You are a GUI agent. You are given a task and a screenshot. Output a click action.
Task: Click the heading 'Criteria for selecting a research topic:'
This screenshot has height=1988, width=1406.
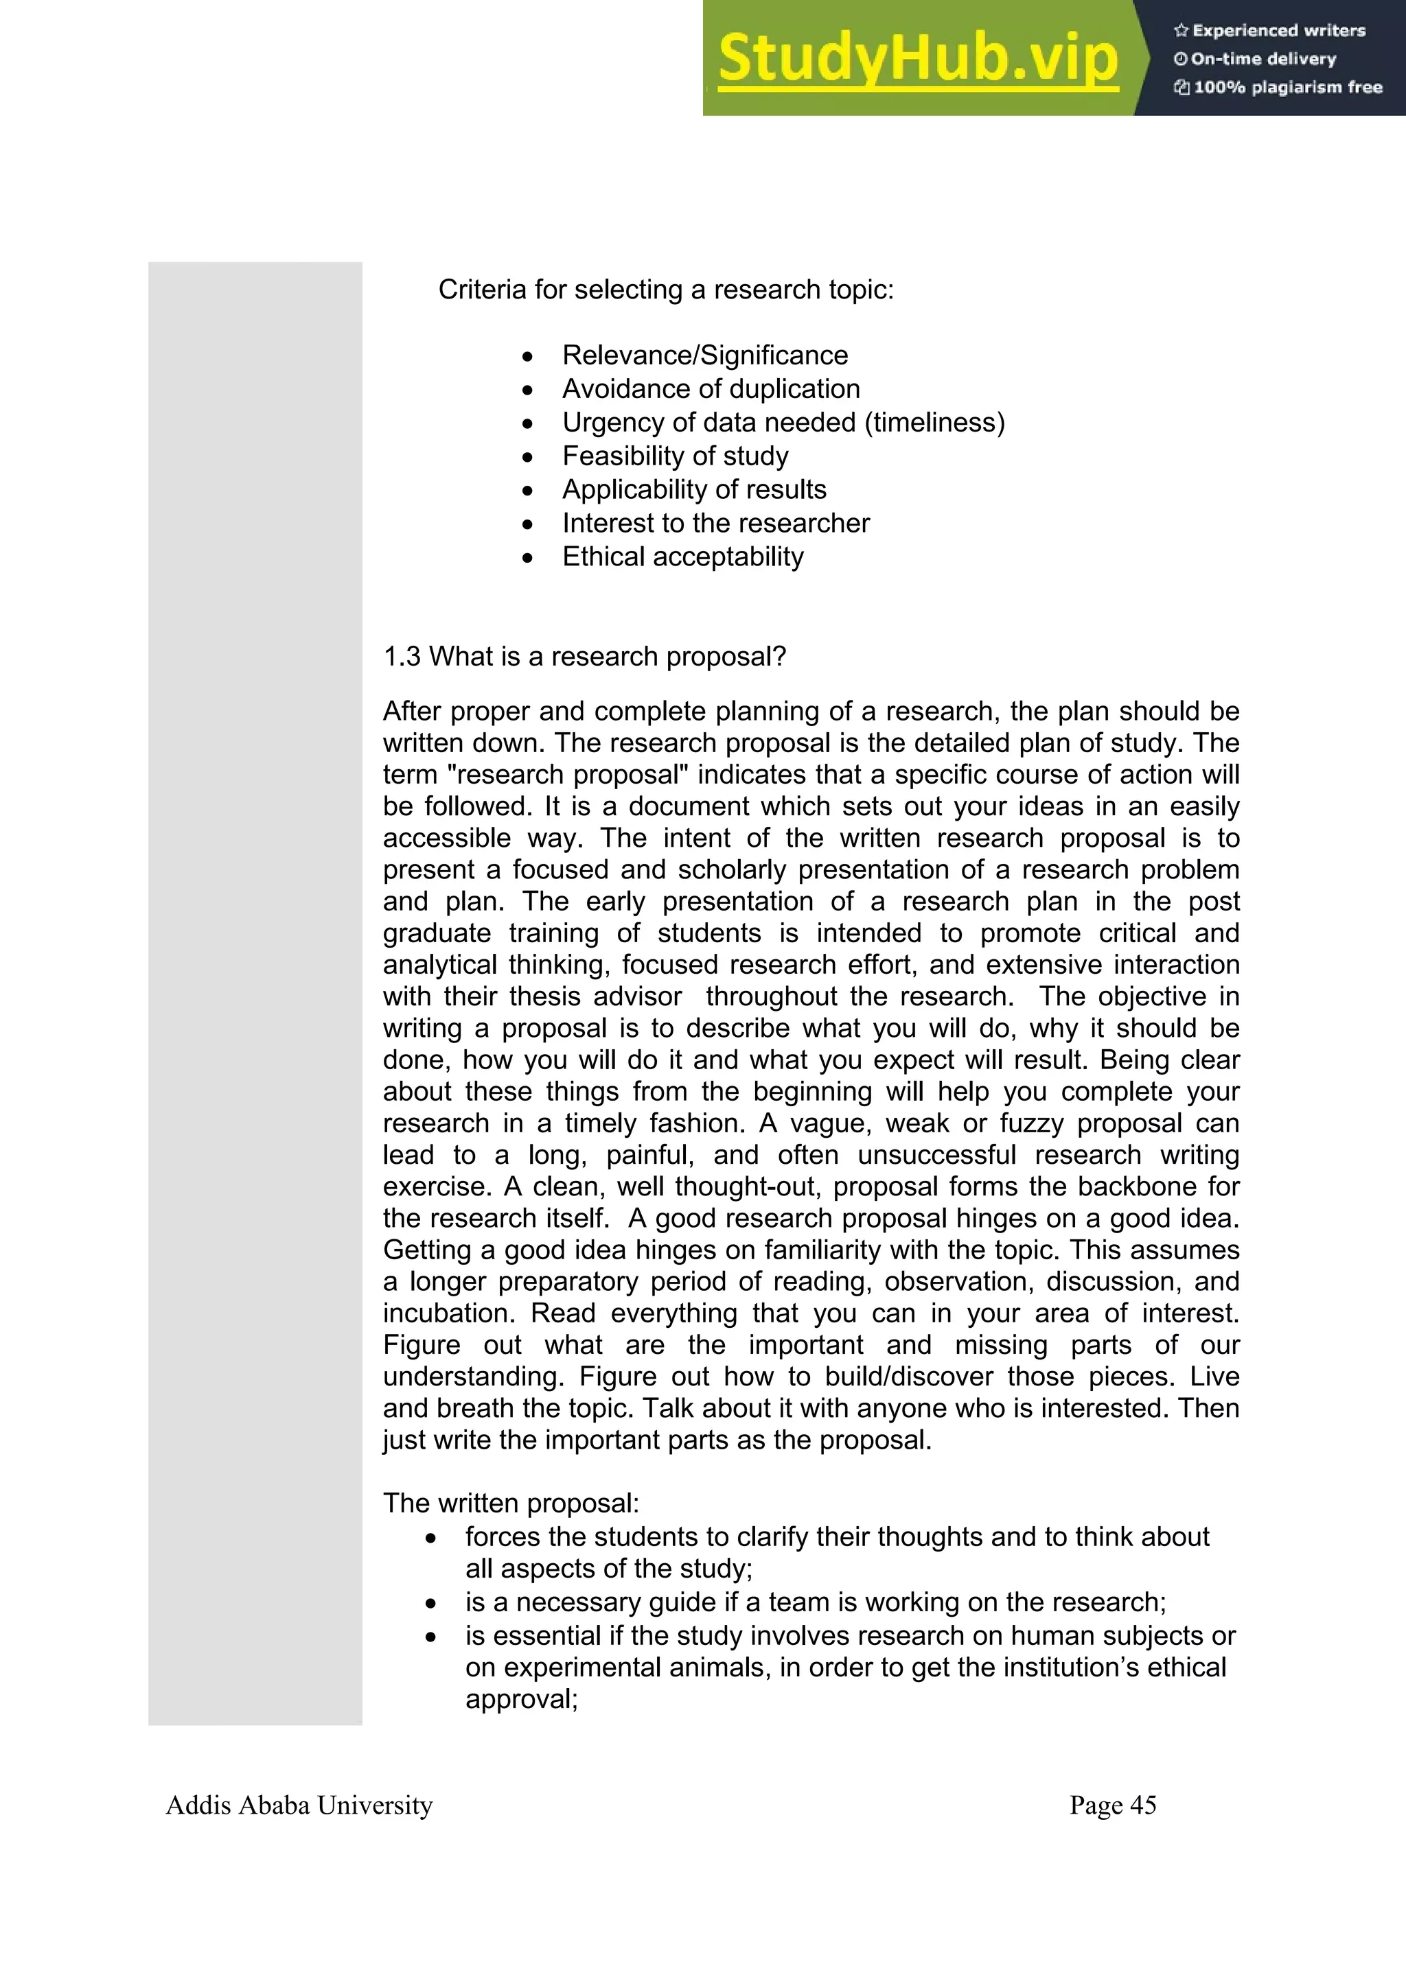665,289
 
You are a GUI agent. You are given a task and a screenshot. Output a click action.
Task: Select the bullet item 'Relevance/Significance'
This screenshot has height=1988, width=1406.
704,355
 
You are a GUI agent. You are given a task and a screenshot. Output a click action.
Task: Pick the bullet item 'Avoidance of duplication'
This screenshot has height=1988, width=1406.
711,389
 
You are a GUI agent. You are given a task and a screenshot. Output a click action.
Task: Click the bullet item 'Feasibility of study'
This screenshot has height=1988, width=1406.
675,456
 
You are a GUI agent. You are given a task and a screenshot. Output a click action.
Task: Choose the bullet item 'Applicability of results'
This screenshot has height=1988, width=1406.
694,489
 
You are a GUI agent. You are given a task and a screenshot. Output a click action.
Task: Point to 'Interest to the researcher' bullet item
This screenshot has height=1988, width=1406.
715,523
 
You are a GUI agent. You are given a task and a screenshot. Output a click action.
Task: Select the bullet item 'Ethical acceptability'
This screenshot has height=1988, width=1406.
682,557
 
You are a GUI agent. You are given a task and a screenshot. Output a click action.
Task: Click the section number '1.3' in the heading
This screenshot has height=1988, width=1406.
402,656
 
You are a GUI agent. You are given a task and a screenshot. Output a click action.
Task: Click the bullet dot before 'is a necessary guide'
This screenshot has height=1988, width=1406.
431,1604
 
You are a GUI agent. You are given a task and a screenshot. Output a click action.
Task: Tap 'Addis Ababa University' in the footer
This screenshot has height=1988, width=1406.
299,1806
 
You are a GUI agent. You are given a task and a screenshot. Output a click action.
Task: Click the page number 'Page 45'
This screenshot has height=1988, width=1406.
1112,1806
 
